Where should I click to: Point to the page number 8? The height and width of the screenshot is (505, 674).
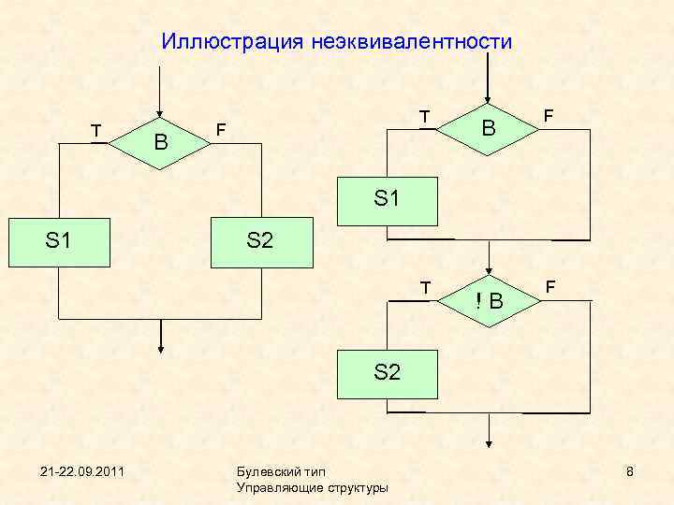[x=630, y=470]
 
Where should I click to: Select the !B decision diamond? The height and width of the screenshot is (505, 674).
[x=489, y=300]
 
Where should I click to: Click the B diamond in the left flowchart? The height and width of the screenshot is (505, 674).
[x=161, y=142]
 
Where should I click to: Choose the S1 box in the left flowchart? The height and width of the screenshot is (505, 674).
[x=58, y=241]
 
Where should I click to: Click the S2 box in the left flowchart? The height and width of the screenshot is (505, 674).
[x=259, y=241]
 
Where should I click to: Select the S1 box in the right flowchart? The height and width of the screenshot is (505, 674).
[x=387, y=199]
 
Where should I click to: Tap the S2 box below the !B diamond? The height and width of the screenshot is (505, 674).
[x=387, y=372]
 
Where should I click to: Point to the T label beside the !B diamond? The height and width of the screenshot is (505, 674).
[x=425, y=287]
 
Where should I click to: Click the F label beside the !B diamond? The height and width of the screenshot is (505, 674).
[x=550, y=285]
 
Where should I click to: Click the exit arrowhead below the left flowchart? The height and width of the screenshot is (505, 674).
[x=161, y=348]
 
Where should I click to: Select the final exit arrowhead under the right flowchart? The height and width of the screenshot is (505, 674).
[x=489, y=446]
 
